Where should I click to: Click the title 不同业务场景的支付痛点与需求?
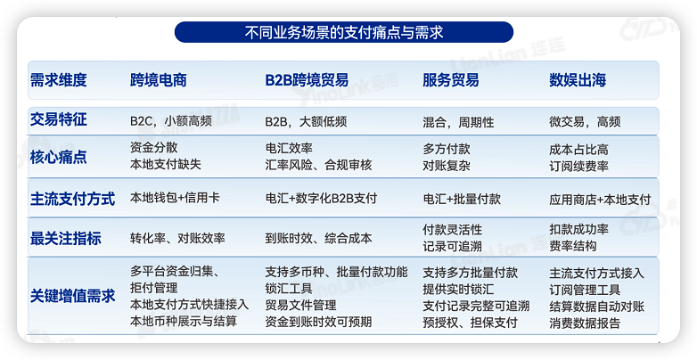click(344, 33)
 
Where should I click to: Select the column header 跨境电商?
click(158, 80)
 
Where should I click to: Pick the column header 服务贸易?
click(450, 80)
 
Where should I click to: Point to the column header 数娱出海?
click(578, 80)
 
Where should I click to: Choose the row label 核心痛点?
click(59, 157)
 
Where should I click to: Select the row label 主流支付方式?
click(72, 199)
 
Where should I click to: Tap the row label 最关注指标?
click(66, 238)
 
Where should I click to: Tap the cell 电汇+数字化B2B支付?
click(321, 199)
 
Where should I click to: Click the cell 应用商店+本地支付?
click(600, 199)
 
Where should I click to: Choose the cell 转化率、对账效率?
click(177, 238)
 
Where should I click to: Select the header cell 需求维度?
click(59, 80)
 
